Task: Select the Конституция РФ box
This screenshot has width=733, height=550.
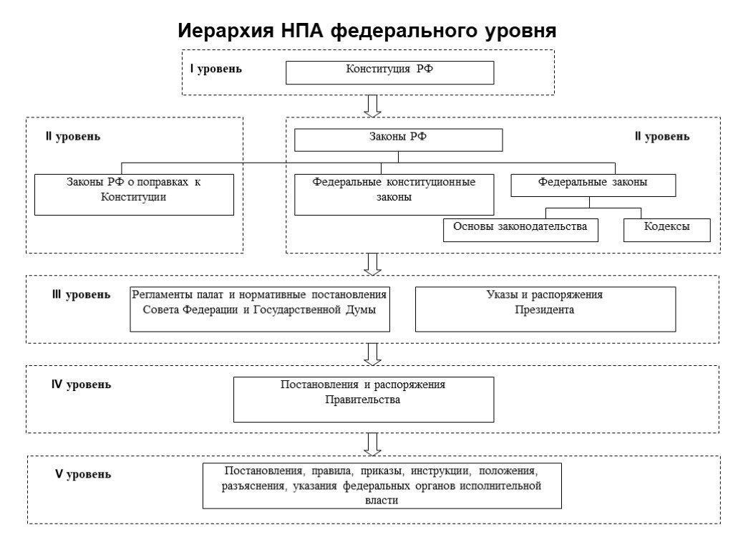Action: [390, 72]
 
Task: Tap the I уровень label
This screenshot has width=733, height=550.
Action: [216, 69]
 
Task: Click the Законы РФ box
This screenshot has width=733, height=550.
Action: [398, 140]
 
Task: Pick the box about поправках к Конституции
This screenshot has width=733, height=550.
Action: [134, 195]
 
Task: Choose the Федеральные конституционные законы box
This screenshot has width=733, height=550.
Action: [394, 195]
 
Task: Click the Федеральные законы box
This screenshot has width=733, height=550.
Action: [593, 185]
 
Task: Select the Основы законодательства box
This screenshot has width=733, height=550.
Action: [521, 230]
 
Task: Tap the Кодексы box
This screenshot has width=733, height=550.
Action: [667, 230]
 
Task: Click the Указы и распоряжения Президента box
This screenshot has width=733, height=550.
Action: [545, 309]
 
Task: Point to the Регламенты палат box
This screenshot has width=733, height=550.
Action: [260, 309]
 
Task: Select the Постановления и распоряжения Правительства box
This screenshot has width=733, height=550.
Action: [364, 400]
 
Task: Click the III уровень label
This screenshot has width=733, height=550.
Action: [82, 294]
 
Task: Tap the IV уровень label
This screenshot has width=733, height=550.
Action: [82, 385]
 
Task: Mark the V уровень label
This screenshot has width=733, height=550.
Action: [83, 474]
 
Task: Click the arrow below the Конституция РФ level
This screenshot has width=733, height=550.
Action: [372, 106]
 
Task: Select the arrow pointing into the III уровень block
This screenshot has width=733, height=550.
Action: [372, 264]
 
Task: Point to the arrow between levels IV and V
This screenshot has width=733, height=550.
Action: [372, 444]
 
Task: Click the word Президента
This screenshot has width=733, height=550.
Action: [545, 309]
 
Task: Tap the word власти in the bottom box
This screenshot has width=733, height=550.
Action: [382, 501]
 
